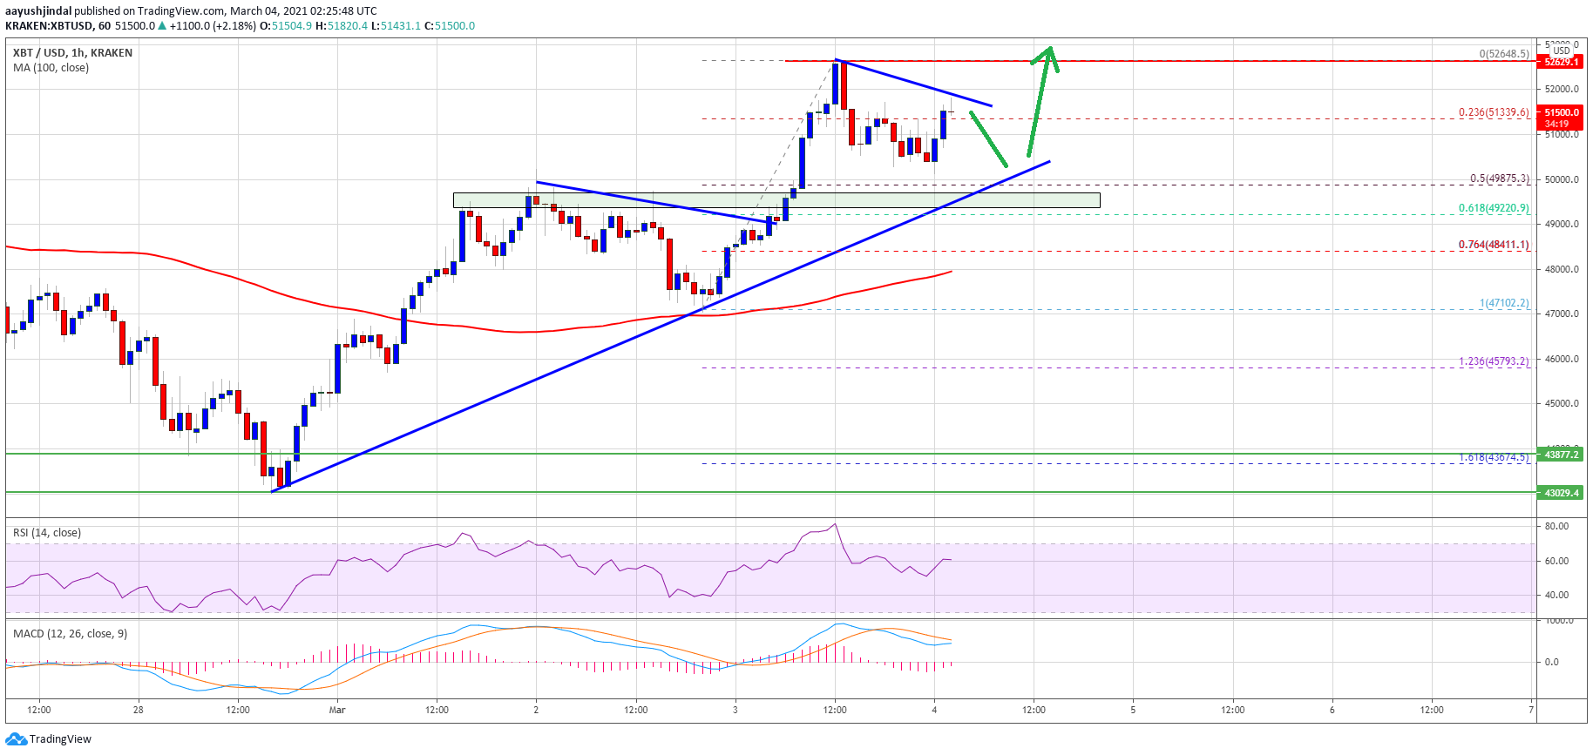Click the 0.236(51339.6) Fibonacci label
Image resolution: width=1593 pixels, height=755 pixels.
[x=1494, y=112]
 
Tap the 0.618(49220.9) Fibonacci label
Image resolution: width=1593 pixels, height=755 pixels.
[x=1494, y=208]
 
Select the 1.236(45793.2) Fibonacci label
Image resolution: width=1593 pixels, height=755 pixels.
[x=1494, y=361]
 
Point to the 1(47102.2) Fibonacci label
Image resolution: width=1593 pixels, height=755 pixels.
[x=1503, y=303]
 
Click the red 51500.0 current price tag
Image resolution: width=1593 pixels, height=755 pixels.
[x=1561, y=112]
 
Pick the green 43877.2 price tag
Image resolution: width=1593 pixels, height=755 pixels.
[x=1561, y=455]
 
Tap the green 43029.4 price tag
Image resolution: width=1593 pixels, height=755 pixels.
[x=1561, y=493]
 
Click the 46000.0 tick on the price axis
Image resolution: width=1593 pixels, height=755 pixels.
[x=1562, y=359]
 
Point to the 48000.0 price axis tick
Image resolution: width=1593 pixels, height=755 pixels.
[x=1562, y=269]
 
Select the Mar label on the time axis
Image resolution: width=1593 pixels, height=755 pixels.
[x=337, y=710]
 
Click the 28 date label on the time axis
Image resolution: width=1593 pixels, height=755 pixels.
[x=138, y=710]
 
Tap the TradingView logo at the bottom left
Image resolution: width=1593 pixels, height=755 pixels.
[x=49, y=739]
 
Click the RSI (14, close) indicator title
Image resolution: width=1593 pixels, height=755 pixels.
[x=47, y=533]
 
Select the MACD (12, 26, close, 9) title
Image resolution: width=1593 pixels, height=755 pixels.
[x=70, y=634]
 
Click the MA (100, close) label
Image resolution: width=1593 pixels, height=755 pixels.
[x=51, y=68]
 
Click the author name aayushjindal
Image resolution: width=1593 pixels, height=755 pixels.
[x=38, y=11]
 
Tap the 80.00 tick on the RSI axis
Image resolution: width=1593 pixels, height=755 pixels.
[x=1556, y=526]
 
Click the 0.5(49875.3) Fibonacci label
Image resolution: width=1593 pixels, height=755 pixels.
[x=1499, y=179]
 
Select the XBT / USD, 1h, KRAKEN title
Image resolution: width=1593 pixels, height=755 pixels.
[x=73, y=53]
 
